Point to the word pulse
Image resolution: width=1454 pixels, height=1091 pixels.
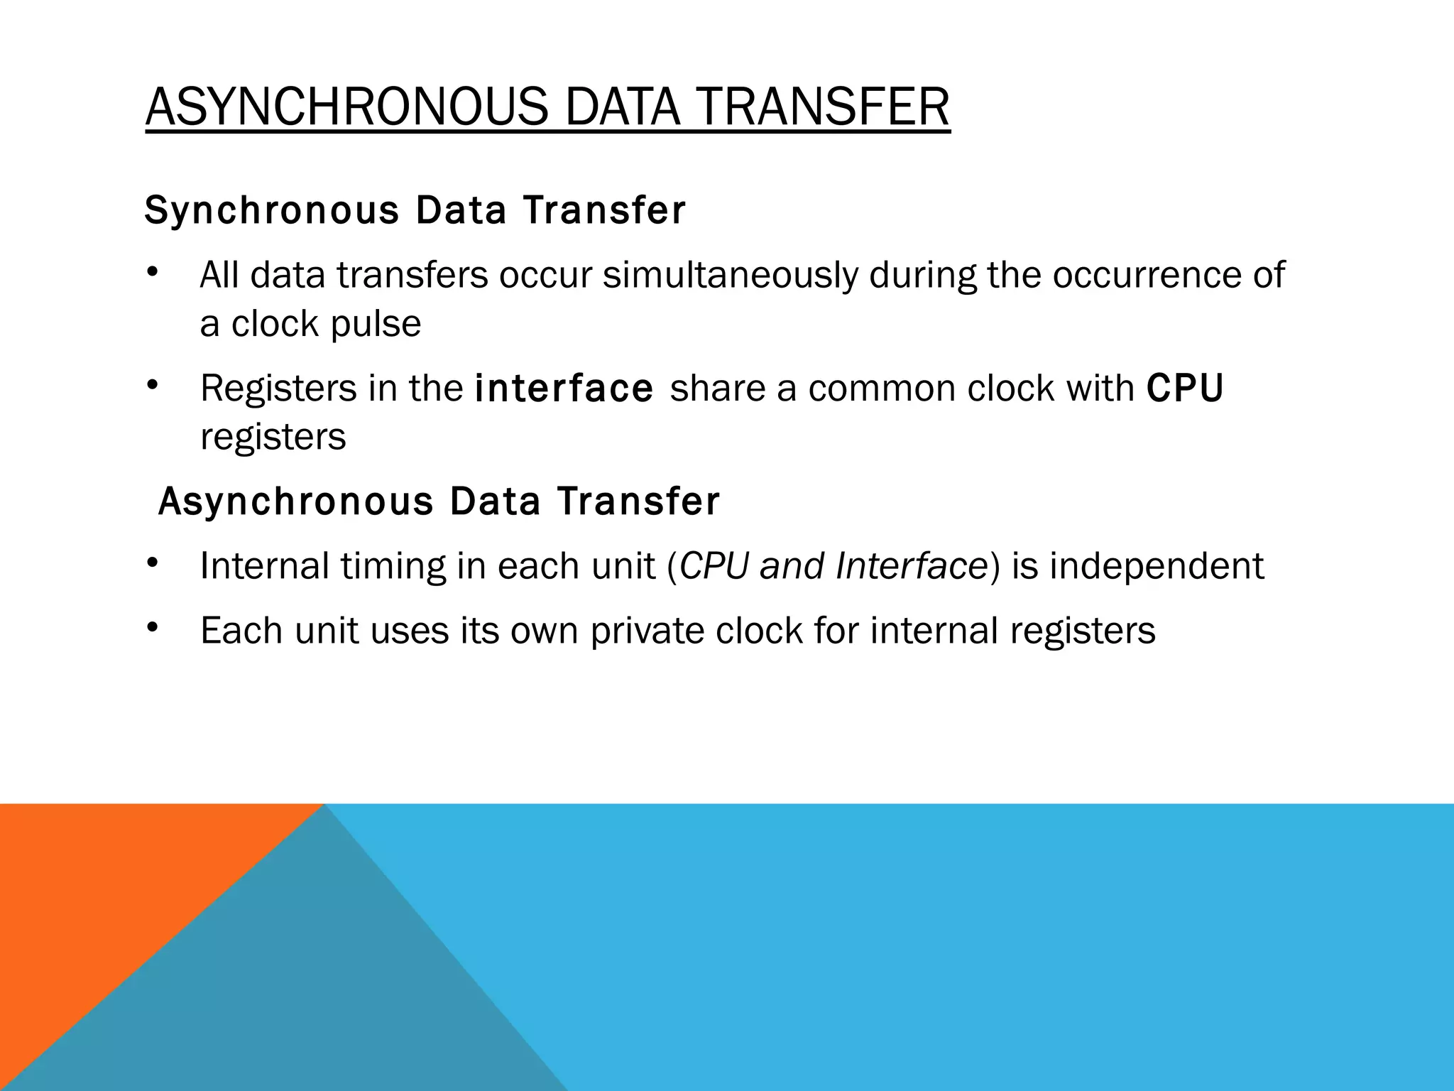[376, 325]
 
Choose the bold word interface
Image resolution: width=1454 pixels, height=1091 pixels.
[564, 389]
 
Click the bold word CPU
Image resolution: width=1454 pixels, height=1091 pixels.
[1185, 389]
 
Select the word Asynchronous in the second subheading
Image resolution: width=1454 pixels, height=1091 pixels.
[295, 501]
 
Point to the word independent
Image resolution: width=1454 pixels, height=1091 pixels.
[1157, 567]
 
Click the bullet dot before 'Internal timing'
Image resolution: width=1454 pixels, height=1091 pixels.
[151, 564]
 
